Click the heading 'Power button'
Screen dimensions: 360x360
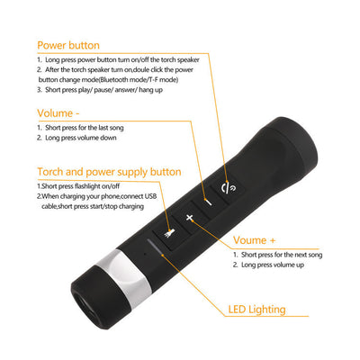67,44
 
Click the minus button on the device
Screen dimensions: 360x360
208,202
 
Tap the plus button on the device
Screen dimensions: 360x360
189,219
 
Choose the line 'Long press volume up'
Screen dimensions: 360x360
272,265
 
